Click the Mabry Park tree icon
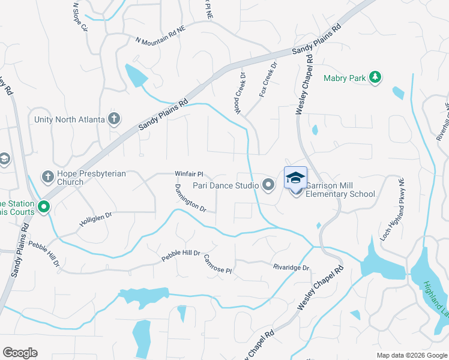point(375,77)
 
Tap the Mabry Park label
point(343,78)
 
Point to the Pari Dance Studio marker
point(268,185)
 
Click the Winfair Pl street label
point(190,173)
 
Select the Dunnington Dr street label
point(191,199)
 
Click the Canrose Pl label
point(217,264)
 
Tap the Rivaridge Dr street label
point(291,268)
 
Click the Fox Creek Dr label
point(268,82)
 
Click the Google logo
point(20,353)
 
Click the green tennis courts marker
point(43,208)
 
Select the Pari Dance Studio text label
point(226,186)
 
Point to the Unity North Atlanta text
point(70,119)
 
